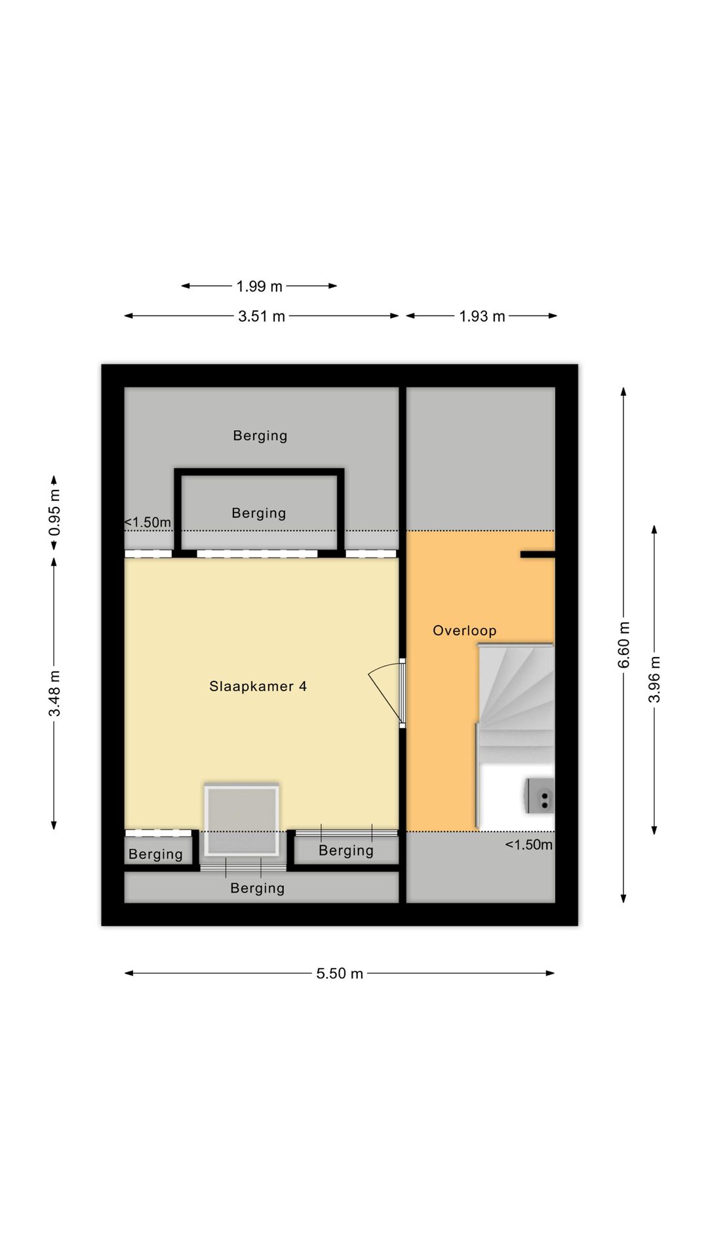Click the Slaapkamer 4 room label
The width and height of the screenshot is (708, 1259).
(x=258, y=687)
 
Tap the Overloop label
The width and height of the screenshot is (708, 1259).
(x=465, y=631)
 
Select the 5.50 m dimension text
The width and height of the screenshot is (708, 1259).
(x=340, y=973)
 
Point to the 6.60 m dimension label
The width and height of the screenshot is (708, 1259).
(x=624, y=645)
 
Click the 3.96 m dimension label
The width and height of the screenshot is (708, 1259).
(x=654, y=679)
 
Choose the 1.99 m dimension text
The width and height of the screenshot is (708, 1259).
(x=260, y=287)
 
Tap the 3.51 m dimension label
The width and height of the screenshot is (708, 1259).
(x=262, y=317)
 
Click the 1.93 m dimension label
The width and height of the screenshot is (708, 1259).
(x=482, y=317)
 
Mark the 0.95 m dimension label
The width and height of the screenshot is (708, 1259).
(x=54, y=512)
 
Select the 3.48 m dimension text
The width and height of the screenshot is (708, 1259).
(x=54, y=694)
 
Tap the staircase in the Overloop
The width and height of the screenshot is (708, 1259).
(x=516, y=703)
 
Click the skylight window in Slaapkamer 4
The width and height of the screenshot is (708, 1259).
(x=242, y=820)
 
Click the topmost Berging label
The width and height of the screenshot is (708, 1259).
(x=260, y=436)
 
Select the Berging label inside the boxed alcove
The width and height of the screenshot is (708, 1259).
(x=259, y=513)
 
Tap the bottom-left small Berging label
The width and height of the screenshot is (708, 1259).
(x=155, y=854)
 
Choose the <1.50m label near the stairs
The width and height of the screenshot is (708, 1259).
(x=528, y=845)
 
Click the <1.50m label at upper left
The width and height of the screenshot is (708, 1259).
(x=147, y=523)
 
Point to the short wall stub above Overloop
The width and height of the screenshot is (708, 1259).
(x=538, y=555)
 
